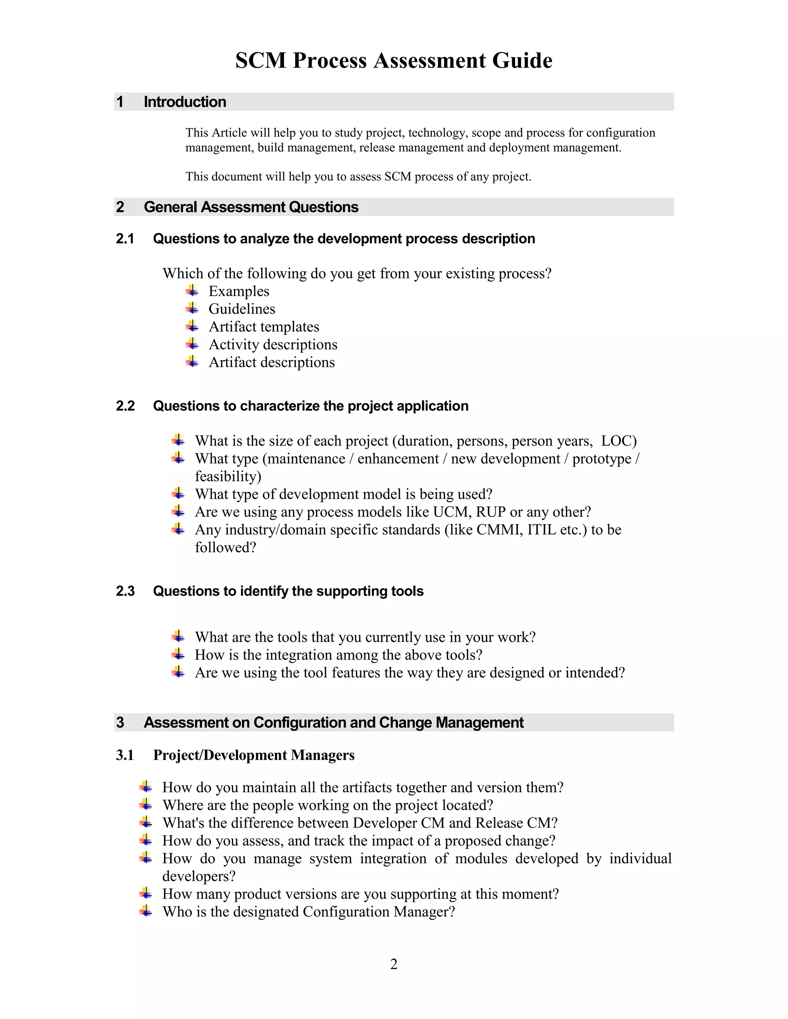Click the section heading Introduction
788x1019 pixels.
(185, 102)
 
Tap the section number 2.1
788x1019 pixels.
(125, 239)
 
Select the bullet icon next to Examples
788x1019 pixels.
(192, 291)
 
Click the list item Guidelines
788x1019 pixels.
(242, 309)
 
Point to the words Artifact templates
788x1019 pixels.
(264, 326)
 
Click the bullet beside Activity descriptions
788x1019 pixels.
(192, 344)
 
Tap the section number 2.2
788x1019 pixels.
(125, 406)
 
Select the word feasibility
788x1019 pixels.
(228, 476)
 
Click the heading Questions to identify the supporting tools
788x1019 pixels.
(288, 591)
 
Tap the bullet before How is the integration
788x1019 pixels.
(178, 654)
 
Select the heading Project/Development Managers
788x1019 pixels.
(254, 755)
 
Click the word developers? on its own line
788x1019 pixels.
(199, 876)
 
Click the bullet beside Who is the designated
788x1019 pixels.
(146, 911)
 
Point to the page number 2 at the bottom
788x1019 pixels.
(394, 964)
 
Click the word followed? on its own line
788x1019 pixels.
(225, 547)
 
